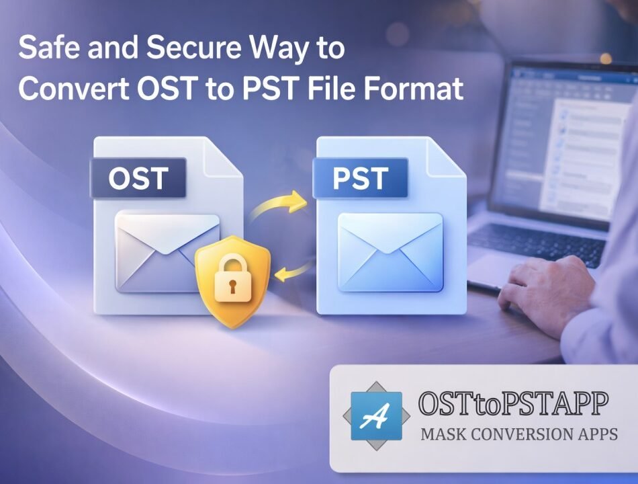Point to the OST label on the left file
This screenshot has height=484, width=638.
(x=138, y=179)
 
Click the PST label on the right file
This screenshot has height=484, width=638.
(x=360, y=179)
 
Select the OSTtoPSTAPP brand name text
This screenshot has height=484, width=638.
(x=513, y=405)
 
